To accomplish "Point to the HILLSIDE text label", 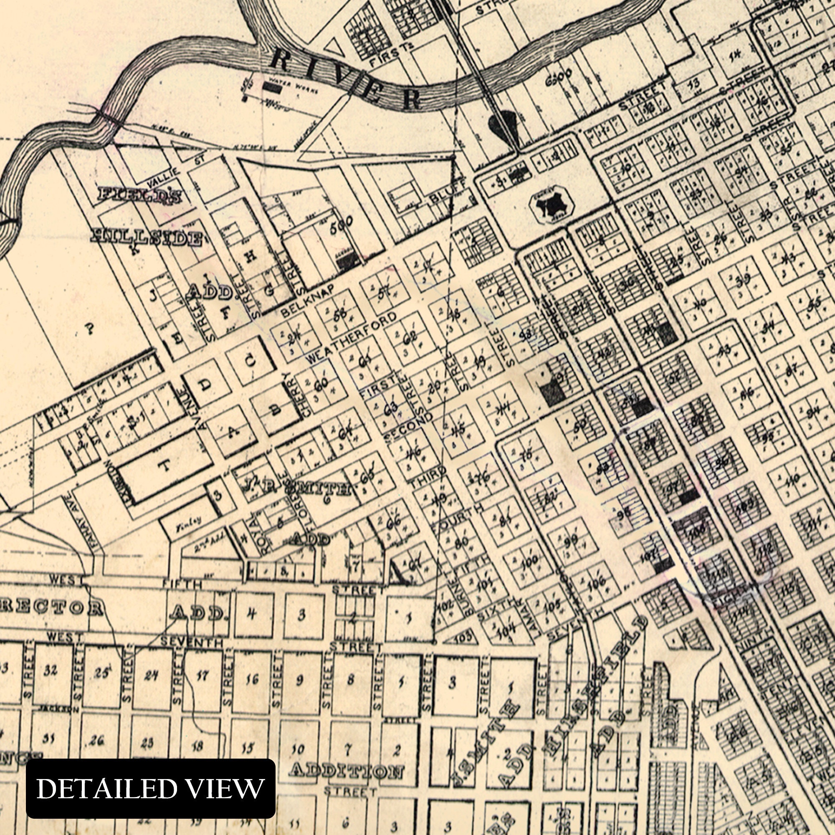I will (147, 238).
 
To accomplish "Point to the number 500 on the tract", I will (341, 225).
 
